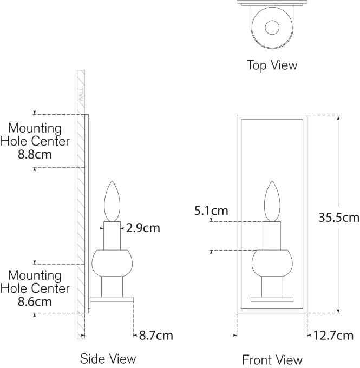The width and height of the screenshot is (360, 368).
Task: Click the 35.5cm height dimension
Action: tap(339, 218)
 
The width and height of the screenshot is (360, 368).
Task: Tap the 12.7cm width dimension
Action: tap(333, 335)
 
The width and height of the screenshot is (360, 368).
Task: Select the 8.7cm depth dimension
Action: tap(156, 335)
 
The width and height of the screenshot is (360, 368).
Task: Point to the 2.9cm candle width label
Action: tap(143, 228)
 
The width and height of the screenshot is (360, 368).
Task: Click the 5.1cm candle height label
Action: tap(211, 211)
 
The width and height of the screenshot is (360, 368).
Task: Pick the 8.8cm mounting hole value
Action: tap(35, 154)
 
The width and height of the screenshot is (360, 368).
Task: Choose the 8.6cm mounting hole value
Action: tap(35, 301)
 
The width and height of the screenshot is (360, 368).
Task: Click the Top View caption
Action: tap(272, 65)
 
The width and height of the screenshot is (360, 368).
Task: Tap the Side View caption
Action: tap(108, 358)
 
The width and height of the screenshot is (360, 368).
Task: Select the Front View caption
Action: tap(272, 359)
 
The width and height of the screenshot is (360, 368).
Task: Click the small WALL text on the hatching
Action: tap(81, 95)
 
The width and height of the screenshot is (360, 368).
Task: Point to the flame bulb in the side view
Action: tap(112, 201)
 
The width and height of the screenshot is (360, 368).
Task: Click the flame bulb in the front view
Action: tap(272, 201)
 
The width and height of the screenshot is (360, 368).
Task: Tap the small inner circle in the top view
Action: tap(272, 27)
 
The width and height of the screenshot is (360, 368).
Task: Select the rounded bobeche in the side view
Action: tap(112, 263)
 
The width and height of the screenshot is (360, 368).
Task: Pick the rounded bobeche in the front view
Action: tap(272, 263)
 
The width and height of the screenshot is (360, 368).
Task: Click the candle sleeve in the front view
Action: tap(272, 235)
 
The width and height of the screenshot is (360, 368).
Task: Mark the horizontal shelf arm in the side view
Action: tap(112, 299)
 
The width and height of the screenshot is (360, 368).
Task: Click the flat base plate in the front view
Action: tap(272, 299)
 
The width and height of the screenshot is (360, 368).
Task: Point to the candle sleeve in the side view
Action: tap(112, 235)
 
